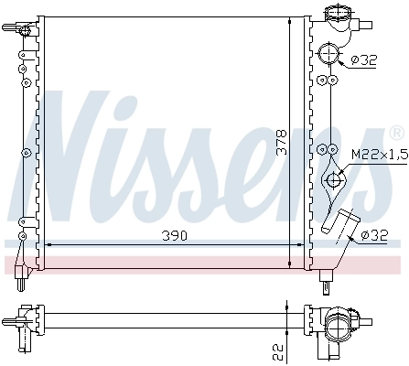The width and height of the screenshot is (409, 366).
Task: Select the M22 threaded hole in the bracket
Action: [x=336, y=180]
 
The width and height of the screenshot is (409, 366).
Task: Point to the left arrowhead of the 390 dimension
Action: [x=49, y=245]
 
